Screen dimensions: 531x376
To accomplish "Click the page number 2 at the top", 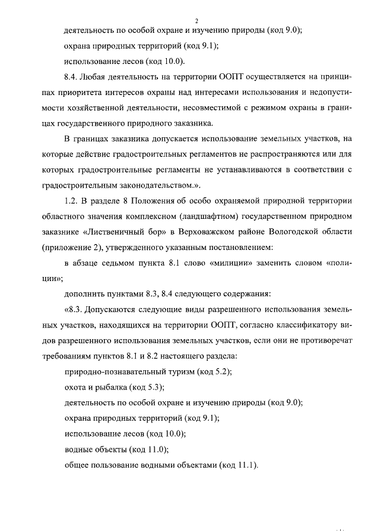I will tap(187, 22).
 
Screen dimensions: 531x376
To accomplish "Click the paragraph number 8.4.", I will tap(73, 77).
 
